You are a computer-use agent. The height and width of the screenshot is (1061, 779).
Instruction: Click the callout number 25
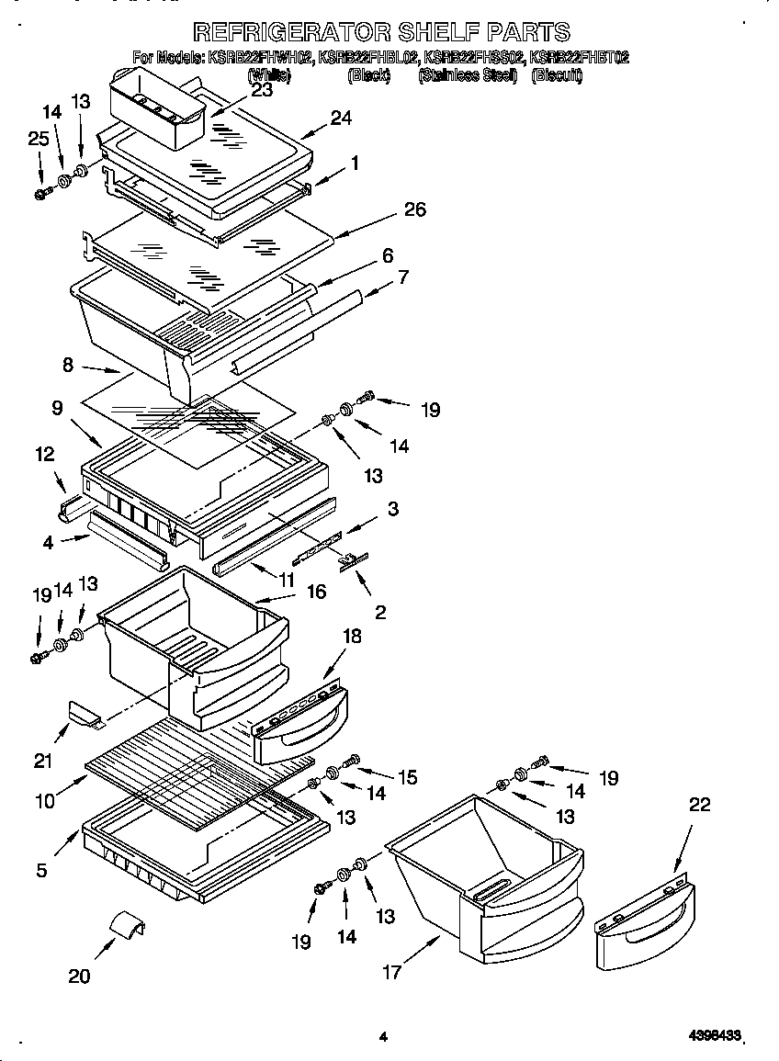[38, 140]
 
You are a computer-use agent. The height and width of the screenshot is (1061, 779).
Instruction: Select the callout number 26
[414, 209]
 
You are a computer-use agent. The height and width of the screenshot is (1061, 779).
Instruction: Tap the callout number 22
[700, 805]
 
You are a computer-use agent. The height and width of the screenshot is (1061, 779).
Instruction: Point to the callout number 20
[80, 976]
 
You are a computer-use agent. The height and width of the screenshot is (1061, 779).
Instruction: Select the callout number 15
[407, 777]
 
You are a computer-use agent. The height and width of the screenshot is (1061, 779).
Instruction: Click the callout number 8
[68, 366]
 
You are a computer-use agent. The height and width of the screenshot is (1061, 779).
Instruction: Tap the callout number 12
[44, 454]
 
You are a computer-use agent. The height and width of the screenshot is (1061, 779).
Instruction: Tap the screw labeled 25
[40, 194]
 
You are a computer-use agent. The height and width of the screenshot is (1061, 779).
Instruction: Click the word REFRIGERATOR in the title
[286, 33]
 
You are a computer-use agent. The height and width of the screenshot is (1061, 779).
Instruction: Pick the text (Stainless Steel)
[469, 76]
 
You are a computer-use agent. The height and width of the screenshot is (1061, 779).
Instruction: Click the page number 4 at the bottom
[382, 1038]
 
